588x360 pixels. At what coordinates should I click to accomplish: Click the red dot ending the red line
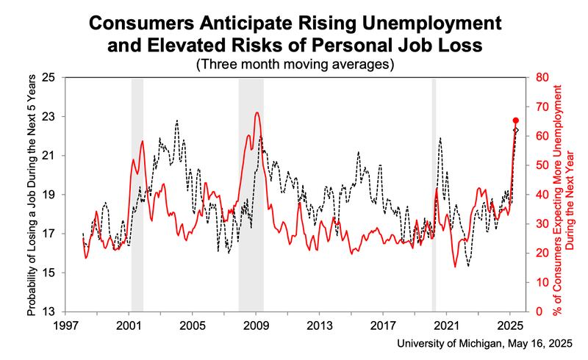tap(516, 120)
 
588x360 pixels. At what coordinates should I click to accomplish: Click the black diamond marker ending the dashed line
tap(516, 130)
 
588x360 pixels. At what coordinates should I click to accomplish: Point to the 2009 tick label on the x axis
tap(257, 324)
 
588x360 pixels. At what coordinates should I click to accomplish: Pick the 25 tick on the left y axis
tap(51, 77)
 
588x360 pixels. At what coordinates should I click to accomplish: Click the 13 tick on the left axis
tap(51, 312)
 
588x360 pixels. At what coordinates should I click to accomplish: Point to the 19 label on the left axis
tap(51, 195)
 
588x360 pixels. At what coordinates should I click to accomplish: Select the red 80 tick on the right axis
tap(541, 77)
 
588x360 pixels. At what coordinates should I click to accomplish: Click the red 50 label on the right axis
tap(541, 165)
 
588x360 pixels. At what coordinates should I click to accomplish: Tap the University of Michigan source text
tap(485, 344)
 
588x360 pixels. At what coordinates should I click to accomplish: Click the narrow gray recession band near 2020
tap(434, 194)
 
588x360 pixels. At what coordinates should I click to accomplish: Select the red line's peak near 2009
tap(256, 112)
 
